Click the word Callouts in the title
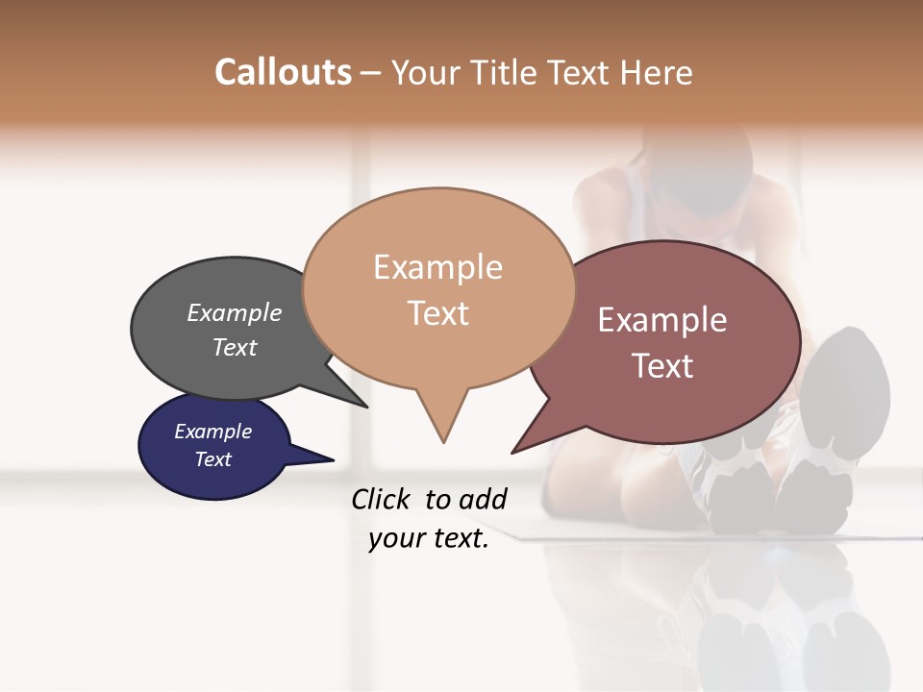[283, 72]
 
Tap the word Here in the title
[658, 73]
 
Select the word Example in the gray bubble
[235, 312]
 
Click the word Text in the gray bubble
[235, 347]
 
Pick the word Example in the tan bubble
[437, 267]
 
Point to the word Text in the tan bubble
[438, 313]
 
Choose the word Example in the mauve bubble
[662, 320]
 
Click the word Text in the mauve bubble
[662, 366]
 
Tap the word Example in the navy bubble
[212, 432]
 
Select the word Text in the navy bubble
[212, 459]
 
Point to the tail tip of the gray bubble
[365, 406]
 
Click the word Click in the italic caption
[381, 499]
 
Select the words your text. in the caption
[429, 538]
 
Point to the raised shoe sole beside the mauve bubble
[846, 384]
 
